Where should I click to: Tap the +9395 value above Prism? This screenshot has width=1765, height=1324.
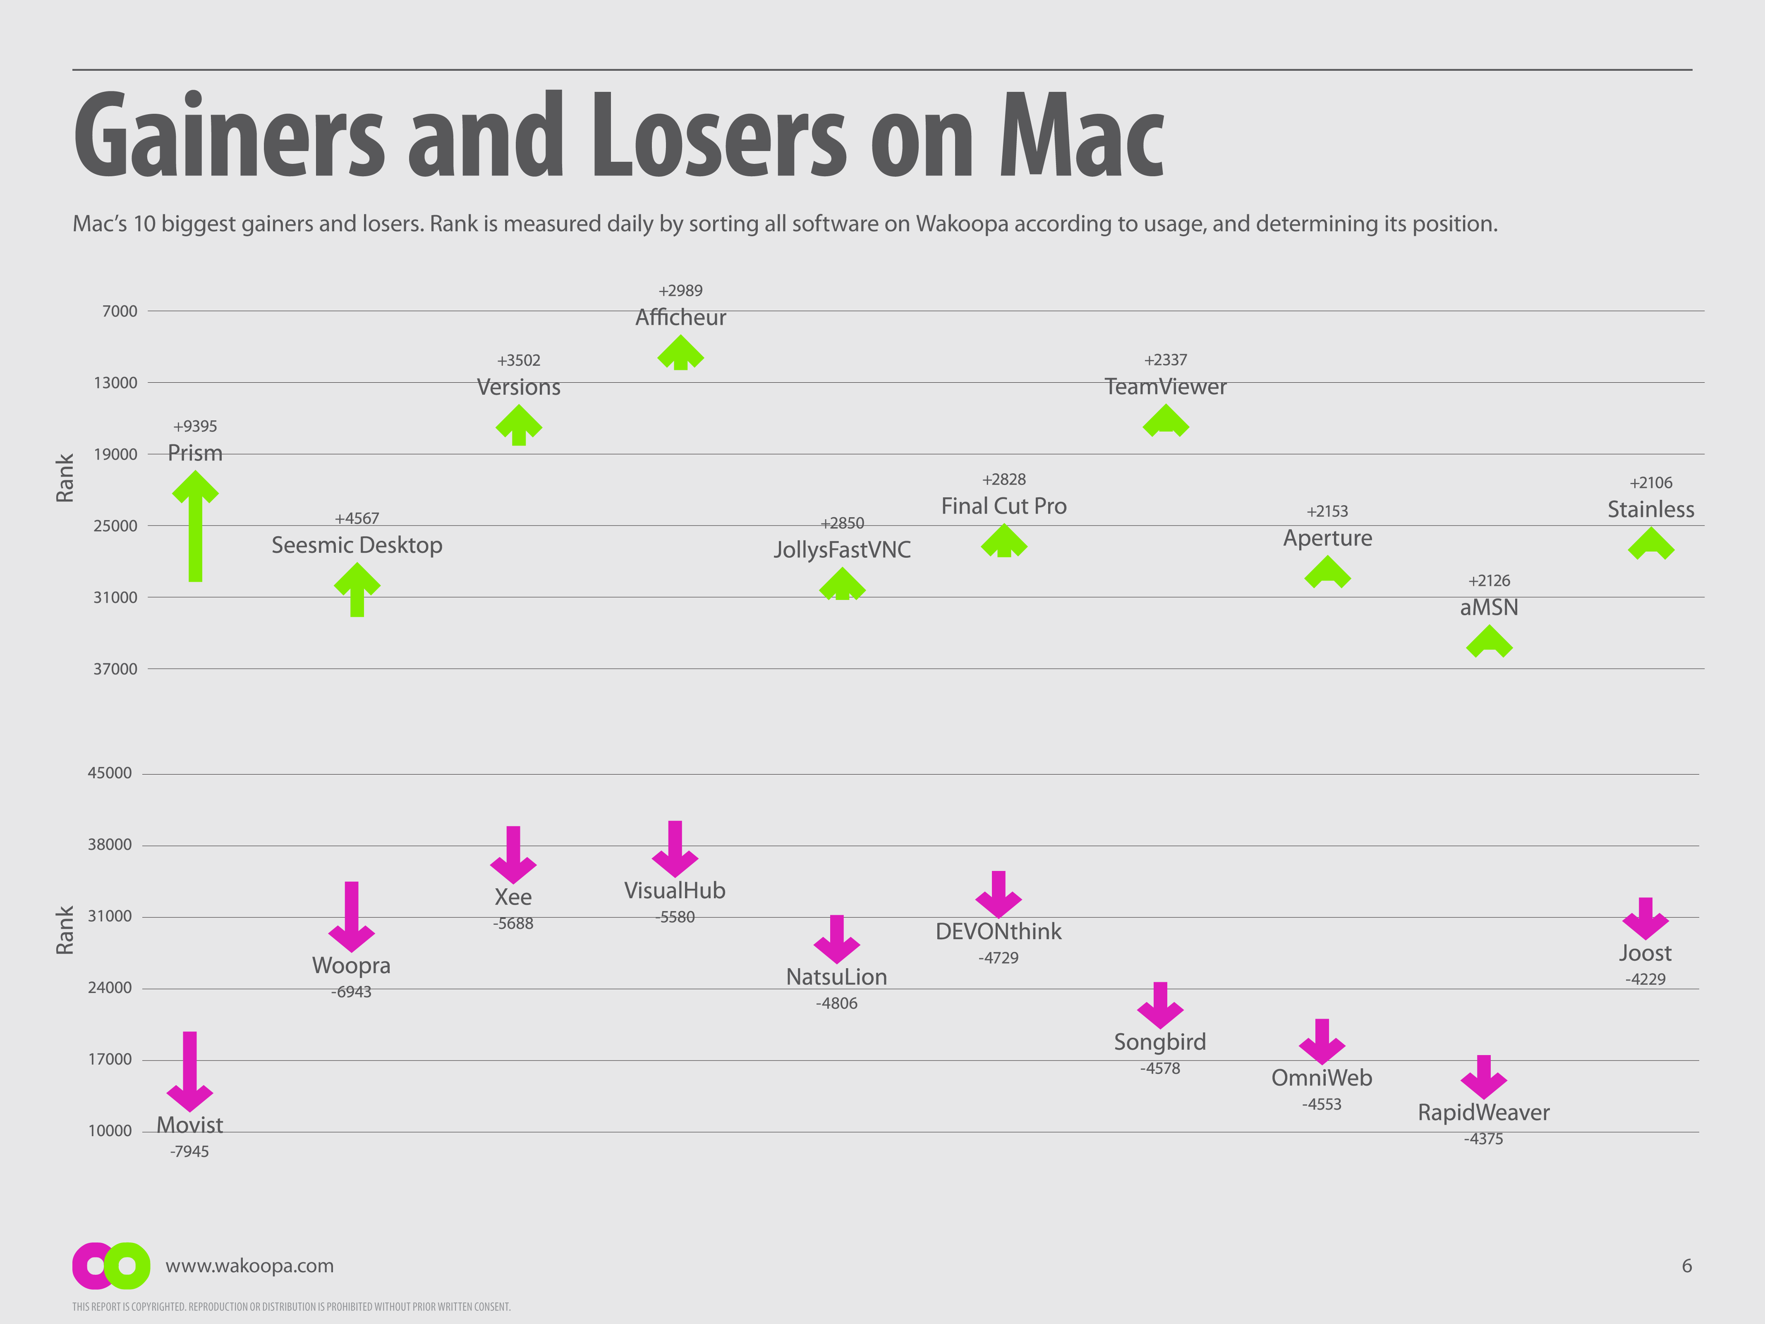pos(195,426)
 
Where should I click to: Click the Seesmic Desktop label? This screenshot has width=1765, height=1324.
pos(357,545)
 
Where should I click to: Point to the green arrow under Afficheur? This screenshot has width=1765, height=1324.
pos(680,353)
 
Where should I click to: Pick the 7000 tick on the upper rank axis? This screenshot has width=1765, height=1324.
pos(120,311)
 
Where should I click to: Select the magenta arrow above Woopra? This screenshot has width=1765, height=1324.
pos(351,916)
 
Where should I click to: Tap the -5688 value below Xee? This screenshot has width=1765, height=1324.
pos(513,923)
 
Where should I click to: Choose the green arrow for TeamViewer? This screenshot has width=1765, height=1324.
pos(1166,421)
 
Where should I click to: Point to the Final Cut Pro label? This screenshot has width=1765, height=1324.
pos(1004,506)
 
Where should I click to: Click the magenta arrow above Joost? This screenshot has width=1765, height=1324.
pos(1645,918)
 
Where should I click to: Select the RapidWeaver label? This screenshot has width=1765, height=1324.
pos(1483,1113)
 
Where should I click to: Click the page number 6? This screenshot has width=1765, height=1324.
pos(1687,1266)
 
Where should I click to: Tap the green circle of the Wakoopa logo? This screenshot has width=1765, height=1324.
pos(128,1266)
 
